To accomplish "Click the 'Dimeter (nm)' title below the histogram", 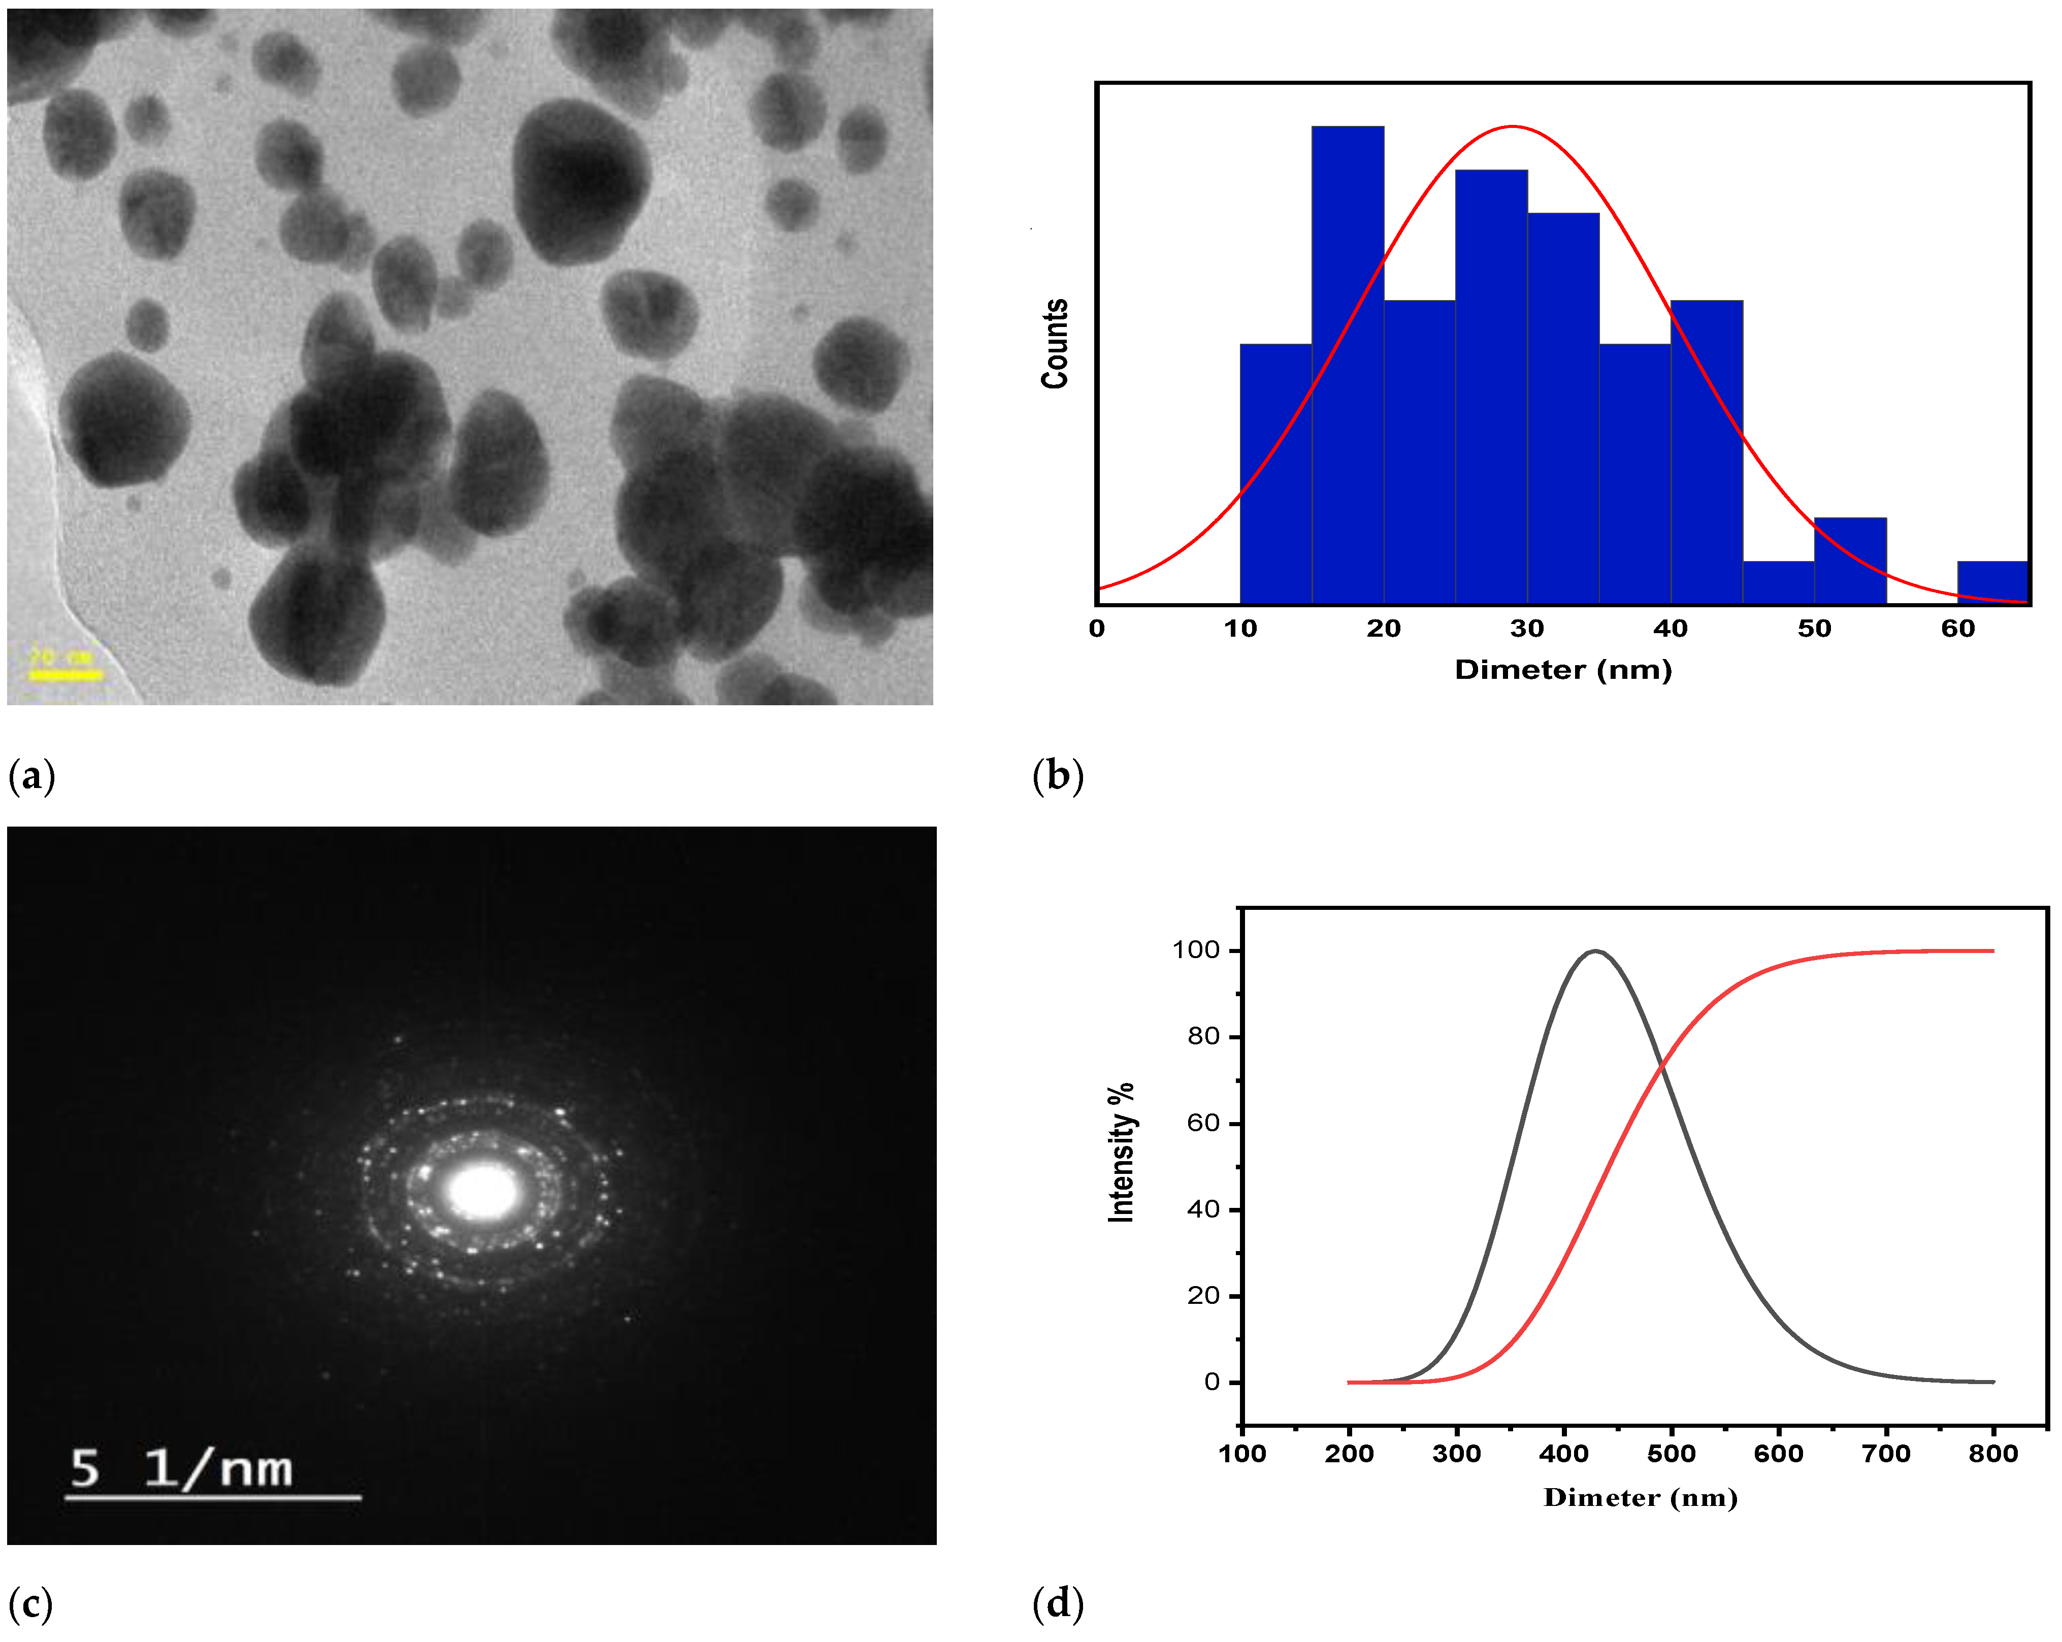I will coord(1563,669).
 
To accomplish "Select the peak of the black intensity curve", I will coord(1594,951).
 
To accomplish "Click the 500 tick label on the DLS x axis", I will coord(1671,1454).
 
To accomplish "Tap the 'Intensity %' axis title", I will coord(1121,1153).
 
